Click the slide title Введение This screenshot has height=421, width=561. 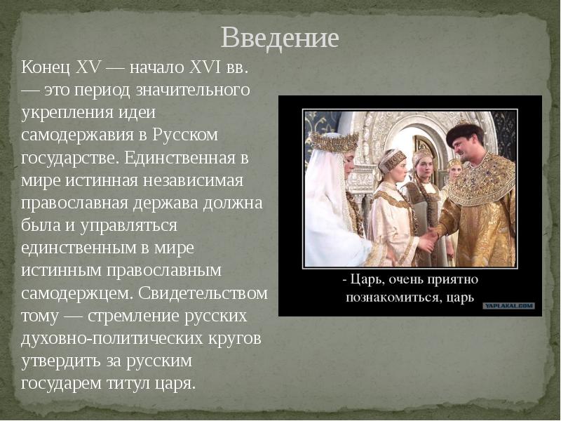point(280,36)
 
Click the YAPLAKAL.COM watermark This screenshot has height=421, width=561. point(508,306)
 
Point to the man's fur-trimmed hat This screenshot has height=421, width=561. point(465,131)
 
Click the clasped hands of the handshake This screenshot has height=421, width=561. point(427,241)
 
